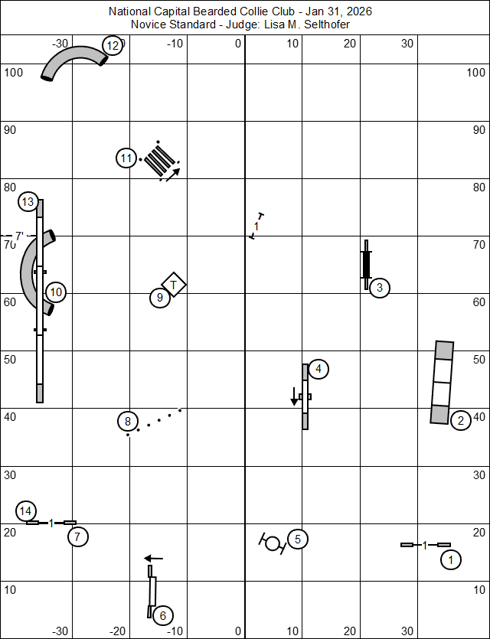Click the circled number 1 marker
coord(451,560)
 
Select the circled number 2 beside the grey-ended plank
coord(460,420)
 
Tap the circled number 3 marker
coord(379,288)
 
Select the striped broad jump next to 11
coord(161,161)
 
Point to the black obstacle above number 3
coord(366,263)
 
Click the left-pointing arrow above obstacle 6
coord(154,559)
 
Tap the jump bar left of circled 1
coord(425,545)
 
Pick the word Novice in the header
coord(149,24)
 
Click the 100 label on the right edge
coord(475,72)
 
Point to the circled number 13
coord(28,202)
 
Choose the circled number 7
coord(77,536)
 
